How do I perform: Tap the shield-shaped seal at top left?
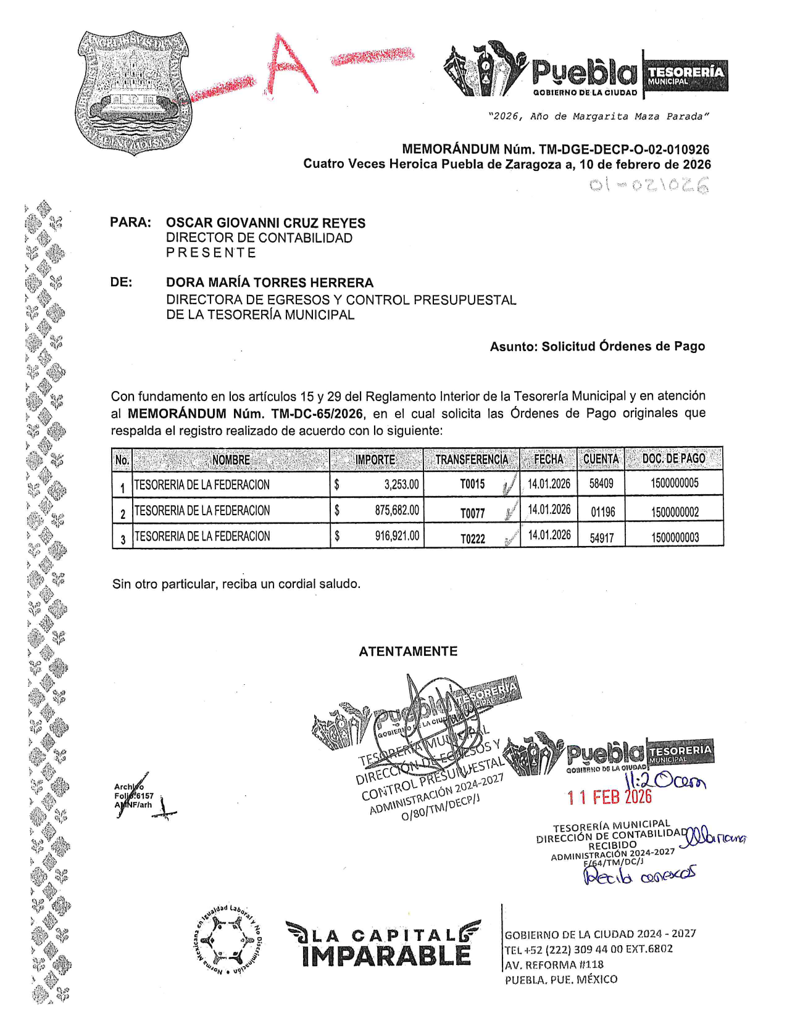pos(132,91)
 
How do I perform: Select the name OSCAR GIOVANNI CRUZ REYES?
pos(265,223)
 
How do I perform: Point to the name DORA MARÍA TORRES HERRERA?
pos(270,283)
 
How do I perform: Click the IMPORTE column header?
pos(375,460)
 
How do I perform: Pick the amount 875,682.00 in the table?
pos(397,510)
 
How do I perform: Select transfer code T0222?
pos(473,539)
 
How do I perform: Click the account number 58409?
pos(601,484)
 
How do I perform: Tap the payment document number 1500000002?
pos(675,511)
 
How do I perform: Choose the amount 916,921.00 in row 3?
pos(397,536)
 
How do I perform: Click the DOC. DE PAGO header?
pos(673,459)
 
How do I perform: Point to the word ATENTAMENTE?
pos(408,652)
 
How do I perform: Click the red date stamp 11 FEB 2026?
pos(609,797)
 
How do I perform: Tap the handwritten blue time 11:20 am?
pos(665,781)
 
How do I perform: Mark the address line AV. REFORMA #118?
pos(554,964)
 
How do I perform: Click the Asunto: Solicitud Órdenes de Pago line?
pos(597,347)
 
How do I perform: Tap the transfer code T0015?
pos(473,484)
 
